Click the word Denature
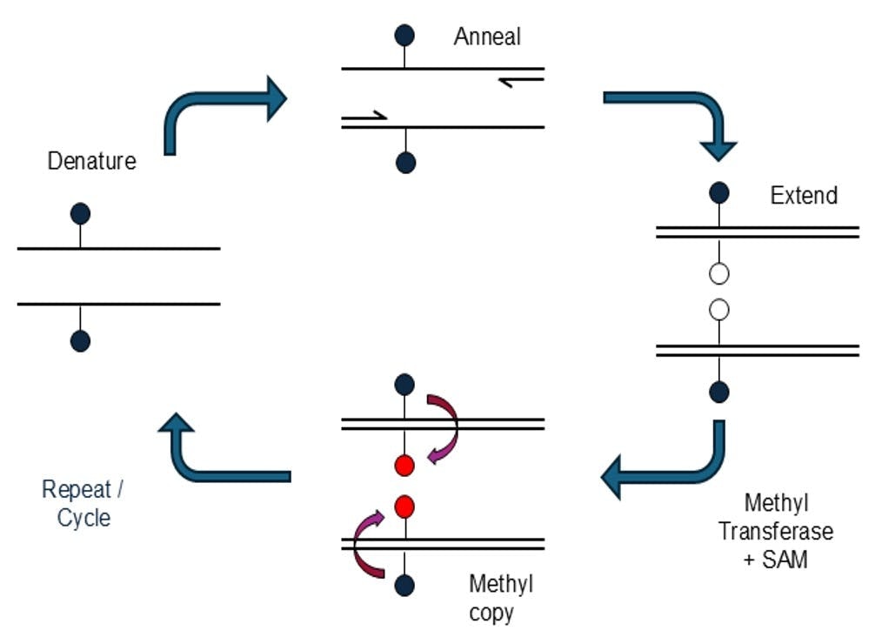(91, 161)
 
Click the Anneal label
(487, 37)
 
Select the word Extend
(804, 195)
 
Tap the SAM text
(785, 560)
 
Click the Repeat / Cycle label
(83, 503)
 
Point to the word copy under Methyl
(491, 612)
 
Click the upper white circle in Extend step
(718, 273)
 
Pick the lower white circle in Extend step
(718, 310)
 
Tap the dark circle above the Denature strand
(80, 213)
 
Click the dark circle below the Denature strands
(80, 341)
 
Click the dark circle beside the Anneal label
(404, 36)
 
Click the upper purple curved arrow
(446, 426)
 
